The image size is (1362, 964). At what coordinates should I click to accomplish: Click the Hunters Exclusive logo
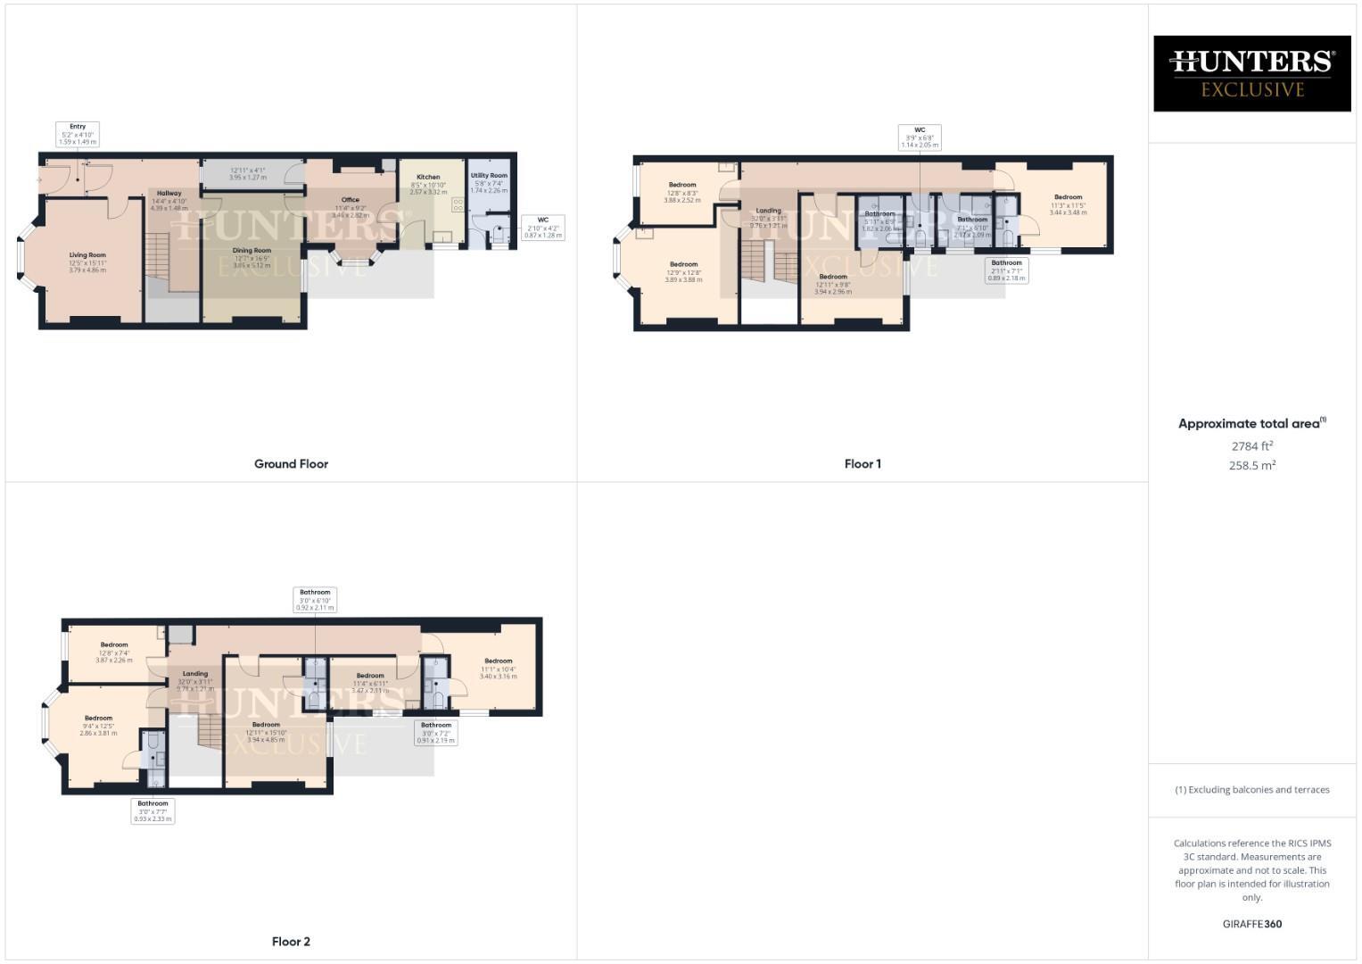1251,73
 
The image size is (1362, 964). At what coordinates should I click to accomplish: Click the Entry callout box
78,134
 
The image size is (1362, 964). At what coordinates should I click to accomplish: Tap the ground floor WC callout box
542,228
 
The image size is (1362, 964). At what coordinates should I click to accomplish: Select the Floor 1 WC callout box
919,137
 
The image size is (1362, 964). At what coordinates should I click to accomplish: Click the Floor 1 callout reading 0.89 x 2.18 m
1006,270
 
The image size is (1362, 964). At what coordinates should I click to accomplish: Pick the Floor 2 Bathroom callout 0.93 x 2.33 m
153,810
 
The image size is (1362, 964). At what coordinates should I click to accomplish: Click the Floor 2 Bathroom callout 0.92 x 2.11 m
315,600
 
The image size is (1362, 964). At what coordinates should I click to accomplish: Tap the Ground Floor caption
291,464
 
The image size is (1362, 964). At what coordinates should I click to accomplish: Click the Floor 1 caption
863,464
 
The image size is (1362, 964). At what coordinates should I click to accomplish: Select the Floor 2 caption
291,942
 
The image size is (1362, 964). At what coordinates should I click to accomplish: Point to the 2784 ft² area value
1251,445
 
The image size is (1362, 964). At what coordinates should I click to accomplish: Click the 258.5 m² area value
1251,465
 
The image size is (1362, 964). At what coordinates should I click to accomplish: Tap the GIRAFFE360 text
1251,924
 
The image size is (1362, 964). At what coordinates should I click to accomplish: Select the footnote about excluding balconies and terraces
1251,790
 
